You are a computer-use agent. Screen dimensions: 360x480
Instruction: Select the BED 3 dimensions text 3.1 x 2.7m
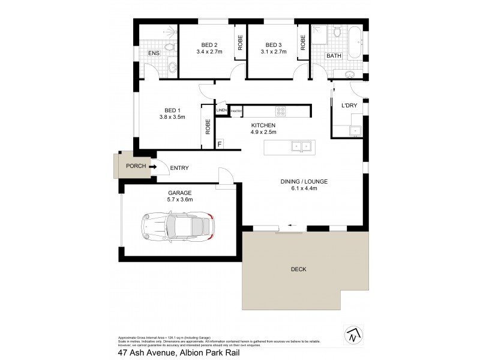[273, 52]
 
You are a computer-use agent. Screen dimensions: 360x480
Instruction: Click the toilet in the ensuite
[169, 46]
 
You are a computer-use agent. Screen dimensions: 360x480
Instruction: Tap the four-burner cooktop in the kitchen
[280, 111]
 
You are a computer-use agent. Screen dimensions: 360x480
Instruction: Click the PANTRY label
[236, 111]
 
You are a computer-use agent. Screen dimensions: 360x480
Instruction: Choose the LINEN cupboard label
[221, 111]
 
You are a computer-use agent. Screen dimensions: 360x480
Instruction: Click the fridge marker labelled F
[220, 144]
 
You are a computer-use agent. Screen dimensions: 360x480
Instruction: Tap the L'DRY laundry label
[349, 106]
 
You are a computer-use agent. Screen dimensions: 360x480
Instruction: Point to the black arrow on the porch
[153, 167]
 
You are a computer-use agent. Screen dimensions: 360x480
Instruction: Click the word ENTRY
[181, 168]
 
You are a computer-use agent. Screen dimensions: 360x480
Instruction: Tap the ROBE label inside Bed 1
[208, 127]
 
